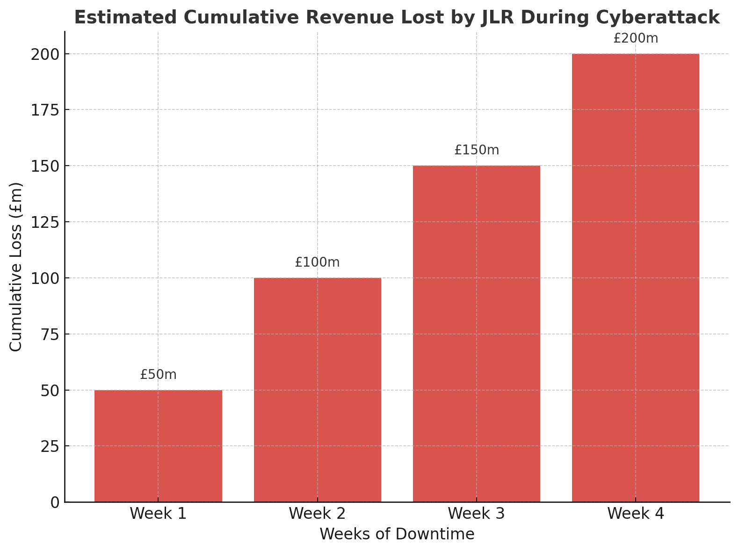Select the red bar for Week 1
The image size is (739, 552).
pyautogui.click(x=158, y=445)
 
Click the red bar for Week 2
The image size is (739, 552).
pyautogui.click(x=318, y=389)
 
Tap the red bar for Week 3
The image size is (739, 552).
pyautogui.click(x=477, y=333)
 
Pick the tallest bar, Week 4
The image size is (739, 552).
pyautogui.click(x=635, y=277)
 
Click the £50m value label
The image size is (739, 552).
pyautogui.click(x=158, y=375)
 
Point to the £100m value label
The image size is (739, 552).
pyautogui.click(x=318, y=262)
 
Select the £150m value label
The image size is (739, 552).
pyautogui.click(x=477, y=150)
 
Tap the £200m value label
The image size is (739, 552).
pyautogui.click(x=635, y=38)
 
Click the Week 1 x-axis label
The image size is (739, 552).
pyautogui.click(x=158, y=514)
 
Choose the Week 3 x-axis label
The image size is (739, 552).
pyautogui.click(x=477, y=514)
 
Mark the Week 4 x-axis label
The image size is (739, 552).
pyautogui.click(x=635, y=514)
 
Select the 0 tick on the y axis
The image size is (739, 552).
pyautogui.click(x=55, y=502)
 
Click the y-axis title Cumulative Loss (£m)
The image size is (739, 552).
pyautogui.click(x=16, y=267)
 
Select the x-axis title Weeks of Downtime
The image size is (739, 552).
pyautogui.click(x=397, y=534)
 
